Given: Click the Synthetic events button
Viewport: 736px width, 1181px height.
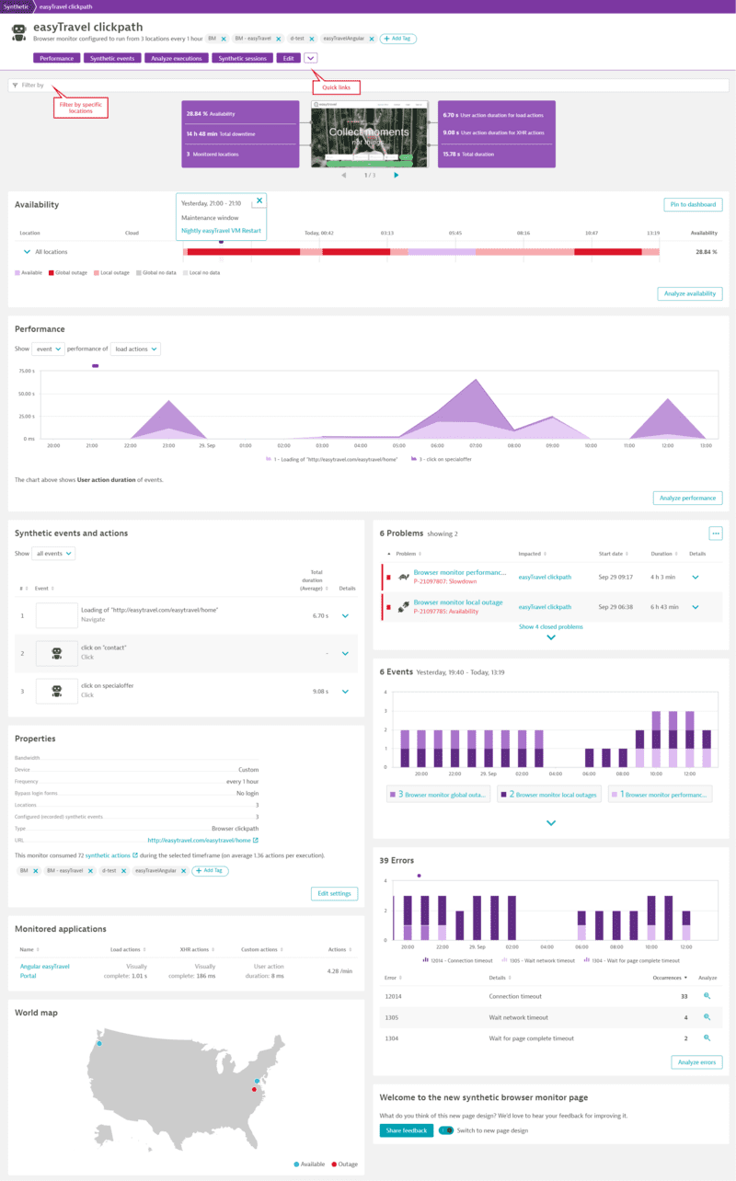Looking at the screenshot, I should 113,58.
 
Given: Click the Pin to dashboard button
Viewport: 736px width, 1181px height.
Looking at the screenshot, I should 693,205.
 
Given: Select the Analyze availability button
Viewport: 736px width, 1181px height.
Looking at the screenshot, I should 689,294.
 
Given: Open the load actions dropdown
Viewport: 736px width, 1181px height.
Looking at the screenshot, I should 135,350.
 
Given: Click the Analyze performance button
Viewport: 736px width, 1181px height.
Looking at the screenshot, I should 687,498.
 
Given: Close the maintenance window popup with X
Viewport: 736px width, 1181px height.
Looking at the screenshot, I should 259,200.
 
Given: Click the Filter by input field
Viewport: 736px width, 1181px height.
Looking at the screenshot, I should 368,85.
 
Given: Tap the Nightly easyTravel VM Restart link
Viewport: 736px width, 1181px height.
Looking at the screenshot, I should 221,231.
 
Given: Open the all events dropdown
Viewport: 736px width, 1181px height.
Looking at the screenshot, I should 53,554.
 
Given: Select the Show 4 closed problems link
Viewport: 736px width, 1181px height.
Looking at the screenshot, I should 550,626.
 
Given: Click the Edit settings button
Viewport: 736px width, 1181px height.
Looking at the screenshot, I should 334,893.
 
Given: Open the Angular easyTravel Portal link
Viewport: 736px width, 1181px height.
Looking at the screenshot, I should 44,970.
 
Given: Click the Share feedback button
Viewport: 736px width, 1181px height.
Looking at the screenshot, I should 406,1130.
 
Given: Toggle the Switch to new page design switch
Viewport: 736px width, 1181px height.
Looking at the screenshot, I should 446,1130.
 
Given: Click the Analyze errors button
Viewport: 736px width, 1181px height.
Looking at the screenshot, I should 696,1062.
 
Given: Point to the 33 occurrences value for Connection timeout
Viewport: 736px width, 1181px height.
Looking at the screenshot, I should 684,996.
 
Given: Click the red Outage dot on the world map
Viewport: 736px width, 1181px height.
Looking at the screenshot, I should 254,1089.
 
